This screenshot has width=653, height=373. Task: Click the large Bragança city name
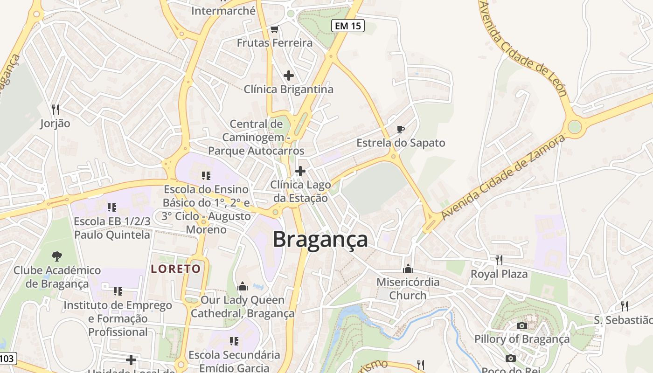pos(320,240)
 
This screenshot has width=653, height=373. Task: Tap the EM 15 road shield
pos(347,26)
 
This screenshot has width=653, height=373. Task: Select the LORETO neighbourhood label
pos(176,269)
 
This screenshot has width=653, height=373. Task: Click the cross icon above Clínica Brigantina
pos(289,75)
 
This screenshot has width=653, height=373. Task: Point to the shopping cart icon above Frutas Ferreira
pos(274,29)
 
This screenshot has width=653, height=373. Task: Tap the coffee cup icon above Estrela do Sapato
pos(400,129)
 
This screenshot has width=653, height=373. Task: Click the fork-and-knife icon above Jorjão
pos(55,110)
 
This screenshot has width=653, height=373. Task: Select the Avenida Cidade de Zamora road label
pos(503,177)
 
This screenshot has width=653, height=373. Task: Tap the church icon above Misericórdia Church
pos(408,269)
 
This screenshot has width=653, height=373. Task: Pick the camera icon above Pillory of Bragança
pos(522,325)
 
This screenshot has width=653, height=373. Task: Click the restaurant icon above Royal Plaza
pos(499,260)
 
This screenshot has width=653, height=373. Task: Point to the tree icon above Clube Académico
pos(57,256)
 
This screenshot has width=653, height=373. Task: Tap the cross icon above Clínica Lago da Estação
pos(300,171)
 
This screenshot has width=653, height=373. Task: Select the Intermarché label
pos(223,11)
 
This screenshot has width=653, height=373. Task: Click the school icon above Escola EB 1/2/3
pos(112,207)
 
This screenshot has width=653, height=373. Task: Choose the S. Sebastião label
pos(623,320)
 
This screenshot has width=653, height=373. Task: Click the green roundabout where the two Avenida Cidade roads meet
pos(575,126)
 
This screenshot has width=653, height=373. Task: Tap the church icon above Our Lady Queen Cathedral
pos(243,286)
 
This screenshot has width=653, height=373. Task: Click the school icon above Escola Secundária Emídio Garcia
pos(234,341)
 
